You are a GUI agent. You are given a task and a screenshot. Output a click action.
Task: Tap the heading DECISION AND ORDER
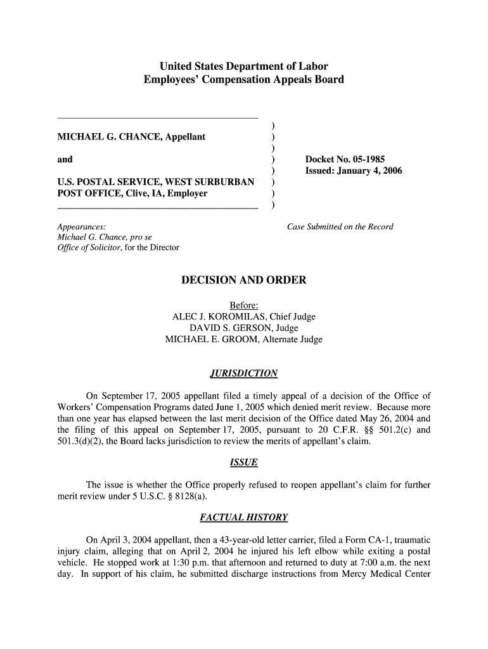[243, 280]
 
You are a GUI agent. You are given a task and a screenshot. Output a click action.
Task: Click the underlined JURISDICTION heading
[243, 373]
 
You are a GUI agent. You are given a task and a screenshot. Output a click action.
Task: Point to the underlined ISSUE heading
[243, 463]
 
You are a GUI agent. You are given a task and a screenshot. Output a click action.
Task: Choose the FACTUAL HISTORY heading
[243, 518]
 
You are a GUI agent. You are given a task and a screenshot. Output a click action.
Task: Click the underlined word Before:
[243, 305]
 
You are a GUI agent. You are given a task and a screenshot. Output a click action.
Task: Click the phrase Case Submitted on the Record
[340, 226]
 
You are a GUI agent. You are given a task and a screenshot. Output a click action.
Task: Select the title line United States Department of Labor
[243, 66]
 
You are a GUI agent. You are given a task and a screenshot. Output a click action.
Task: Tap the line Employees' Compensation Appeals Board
[243, 80]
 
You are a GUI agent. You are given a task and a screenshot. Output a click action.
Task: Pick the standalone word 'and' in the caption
[65, 159]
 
